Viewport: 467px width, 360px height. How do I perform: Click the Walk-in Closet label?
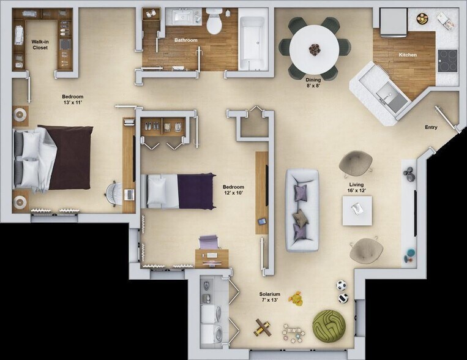click(x=40, y=45)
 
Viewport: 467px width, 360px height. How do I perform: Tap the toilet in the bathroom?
click(x=214, y=20)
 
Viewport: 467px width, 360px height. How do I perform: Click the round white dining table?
click(x=314, y=49)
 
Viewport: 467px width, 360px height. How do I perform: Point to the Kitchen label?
click(x=408, y=55)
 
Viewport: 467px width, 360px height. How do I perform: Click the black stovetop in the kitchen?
click(x=447, y=61)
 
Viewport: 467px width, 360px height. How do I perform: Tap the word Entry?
click(x=431, y=127)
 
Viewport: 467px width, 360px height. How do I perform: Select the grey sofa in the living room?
click(x=302, y=210)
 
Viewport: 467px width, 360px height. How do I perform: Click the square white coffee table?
click(x=357, y=211)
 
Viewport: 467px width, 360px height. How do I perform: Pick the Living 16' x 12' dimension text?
click(x=356, y=187)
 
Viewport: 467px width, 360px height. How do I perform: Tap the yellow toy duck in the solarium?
click(x=297, y=299)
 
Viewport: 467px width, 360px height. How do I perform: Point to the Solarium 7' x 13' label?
click(x=269, y=297)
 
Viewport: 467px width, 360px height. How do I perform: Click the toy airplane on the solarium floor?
click(x=263, y=328)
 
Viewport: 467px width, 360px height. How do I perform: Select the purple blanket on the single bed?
click(x=196, y=191)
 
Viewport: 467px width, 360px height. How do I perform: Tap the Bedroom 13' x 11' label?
click(x=73, y=99)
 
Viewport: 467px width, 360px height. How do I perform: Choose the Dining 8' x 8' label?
click(x=313, y=82)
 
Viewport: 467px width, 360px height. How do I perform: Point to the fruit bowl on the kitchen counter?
click(x=421, y=18)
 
